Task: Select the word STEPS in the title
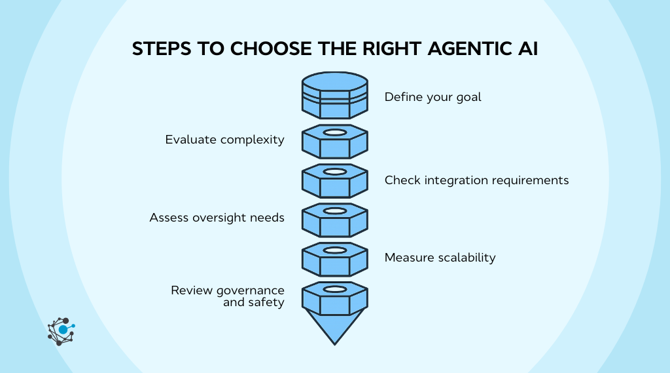point(160,49)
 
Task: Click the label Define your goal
point(432,97)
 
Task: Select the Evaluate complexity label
point(224,140)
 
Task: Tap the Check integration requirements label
point(476,180)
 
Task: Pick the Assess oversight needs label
point(217,218)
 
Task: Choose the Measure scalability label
point(440,258)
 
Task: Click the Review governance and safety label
point(228,296)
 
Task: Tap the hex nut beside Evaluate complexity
point(334,142)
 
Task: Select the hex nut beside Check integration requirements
point(334,181)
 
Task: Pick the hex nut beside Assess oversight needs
point(334,220)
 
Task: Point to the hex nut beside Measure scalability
point(334,260)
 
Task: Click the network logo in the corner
point(61,331)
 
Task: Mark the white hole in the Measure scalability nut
point(334,250)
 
